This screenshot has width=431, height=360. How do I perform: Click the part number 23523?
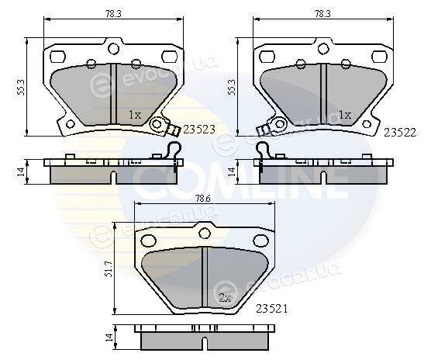pyautogui.click(x=198, y=130)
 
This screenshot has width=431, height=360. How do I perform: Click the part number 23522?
pyautogui.click(x=400, y=133)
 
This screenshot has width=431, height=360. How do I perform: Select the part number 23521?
pyautogui.click(x=271, y=309)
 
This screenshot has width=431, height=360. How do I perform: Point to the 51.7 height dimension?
pyautogui.click(x=109, y=269)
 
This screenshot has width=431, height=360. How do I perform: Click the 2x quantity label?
pyautogui.click(x=225, y=298)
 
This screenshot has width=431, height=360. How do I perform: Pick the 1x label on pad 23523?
pyautogui.click(x=135, y=114)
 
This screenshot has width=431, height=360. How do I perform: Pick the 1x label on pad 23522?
pyautogui.click(x=345, y=114)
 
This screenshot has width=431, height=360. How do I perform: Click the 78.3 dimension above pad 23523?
pyautogui.click(x=113, y=14)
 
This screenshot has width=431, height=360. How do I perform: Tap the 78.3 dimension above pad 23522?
pyautogui.click(x=322, y=14)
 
